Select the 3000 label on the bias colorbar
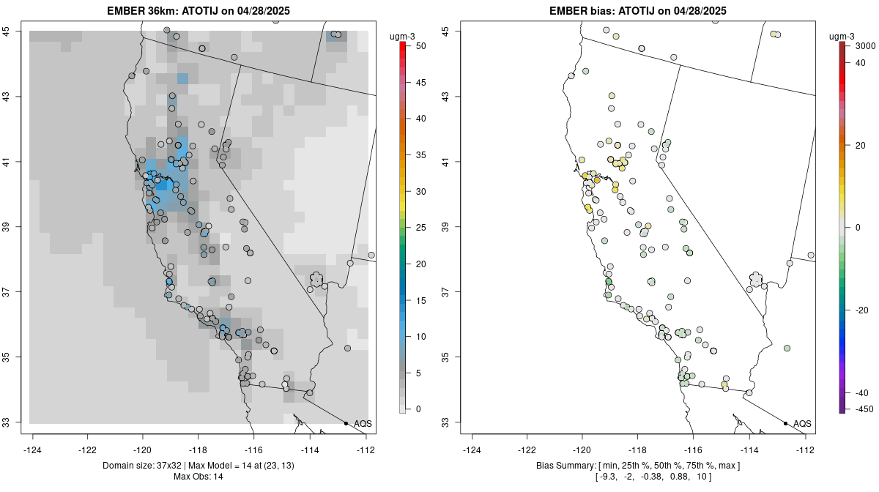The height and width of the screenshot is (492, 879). (x=865, y=46)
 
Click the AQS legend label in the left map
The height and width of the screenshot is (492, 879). (x=363, y=423)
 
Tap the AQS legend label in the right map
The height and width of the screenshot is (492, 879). (x=802, y=423)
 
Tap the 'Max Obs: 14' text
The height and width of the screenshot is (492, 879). (x=198, y=477)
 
